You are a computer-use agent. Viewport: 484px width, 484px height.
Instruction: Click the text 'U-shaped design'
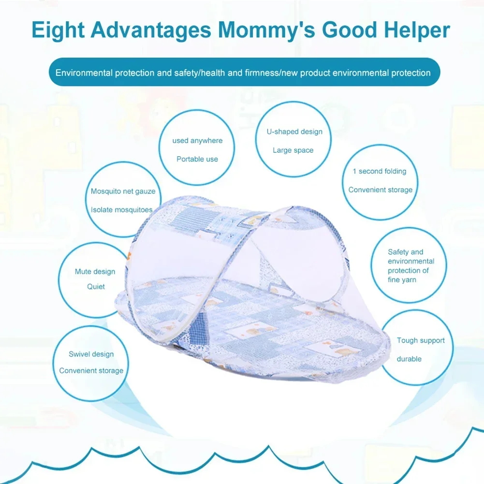(x=294, y=132)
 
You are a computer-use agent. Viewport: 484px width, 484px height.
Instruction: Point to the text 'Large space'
(x=293, y=150)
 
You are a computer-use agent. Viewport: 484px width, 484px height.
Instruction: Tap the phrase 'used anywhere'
(x=197, y=141)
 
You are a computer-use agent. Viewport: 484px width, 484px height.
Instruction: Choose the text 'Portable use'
(x=197, y=159)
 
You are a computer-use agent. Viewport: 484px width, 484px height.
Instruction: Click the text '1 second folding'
(x=380, y=171)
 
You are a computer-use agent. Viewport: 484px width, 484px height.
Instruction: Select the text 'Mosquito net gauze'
(x=123, y=191)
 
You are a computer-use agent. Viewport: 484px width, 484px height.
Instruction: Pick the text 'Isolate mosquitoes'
(x=122, y=210)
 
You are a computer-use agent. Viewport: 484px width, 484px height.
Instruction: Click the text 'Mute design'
(x=95, y=272)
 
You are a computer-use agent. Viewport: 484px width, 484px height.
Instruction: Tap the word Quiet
(x=96, y=287)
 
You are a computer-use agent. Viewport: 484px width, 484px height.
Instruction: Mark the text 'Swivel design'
(x=91, y=354)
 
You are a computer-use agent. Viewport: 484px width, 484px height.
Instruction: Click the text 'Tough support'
(x=421, y=340)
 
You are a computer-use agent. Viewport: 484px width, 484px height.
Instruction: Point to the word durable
(x=409, y=359)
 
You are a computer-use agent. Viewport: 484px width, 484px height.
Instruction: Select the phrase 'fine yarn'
(x=402, y=280)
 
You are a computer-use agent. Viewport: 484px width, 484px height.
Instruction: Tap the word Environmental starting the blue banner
(x=84, y=73)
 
